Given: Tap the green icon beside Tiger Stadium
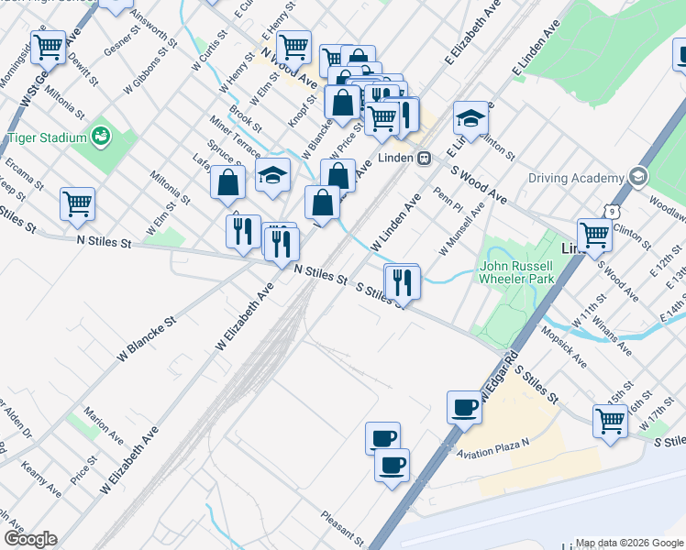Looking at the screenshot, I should coord(101,137).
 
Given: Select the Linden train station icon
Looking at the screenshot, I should coord(424,159).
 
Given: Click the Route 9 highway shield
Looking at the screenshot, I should coord(610,211).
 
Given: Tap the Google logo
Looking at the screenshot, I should coord(29,539).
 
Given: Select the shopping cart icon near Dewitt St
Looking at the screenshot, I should coord(48,45).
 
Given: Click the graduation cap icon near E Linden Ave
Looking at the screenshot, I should coord(470,118).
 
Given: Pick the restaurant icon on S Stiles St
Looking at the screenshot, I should coord(402,280).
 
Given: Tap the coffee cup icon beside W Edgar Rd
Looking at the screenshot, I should coord(464,406).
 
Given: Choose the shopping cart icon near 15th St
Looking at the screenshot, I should coord(610,422).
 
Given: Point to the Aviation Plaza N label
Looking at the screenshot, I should coord(500,448).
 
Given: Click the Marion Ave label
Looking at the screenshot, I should coord(103,421).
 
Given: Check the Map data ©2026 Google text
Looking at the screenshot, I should coord(629,543).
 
